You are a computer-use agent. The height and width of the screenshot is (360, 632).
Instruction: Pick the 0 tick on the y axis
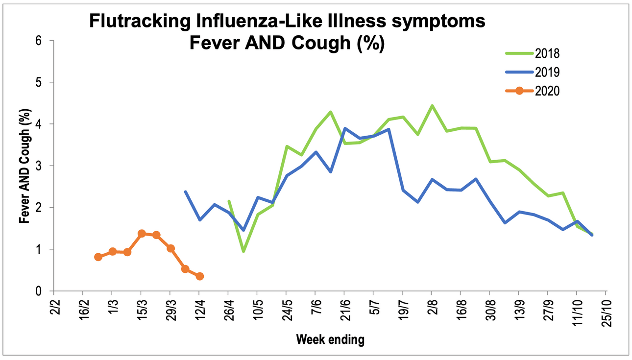[x=37, y=291]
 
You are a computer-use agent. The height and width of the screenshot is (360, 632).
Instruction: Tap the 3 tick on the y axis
[x=37, y=166]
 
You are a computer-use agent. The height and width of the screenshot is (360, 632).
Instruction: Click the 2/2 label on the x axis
[x=55, y=309]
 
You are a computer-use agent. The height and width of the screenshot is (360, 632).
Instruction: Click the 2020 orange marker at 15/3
[x=142, y=234]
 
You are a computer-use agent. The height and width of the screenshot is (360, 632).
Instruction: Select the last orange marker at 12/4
[x=199, y=276]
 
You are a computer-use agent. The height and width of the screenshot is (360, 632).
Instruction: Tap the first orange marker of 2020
[x=98, y=257]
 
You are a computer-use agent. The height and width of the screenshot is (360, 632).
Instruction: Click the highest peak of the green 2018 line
[x=432, y=106]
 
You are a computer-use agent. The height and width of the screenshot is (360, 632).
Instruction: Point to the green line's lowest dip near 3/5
[x=243, y=251]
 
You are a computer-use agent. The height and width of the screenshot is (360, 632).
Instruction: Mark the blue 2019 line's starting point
[x=185, y=192]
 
